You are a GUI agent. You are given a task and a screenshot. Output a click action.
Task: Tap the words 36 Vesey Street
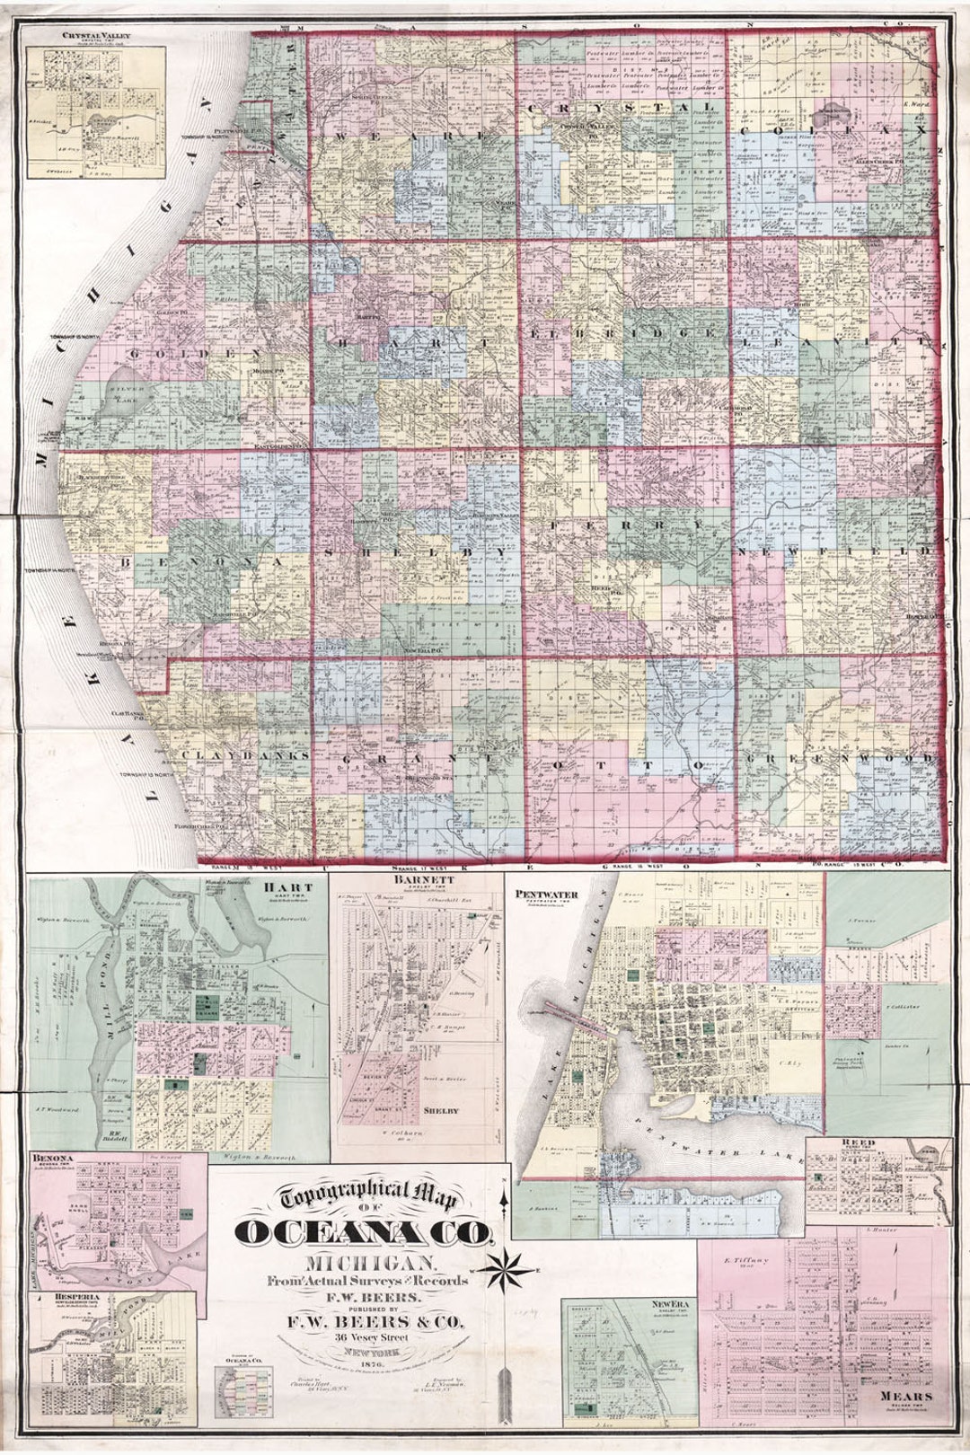(x=368, y=1337)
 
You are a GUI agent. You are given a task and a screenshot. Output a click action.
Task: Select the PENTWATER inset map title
(x=546, y=895)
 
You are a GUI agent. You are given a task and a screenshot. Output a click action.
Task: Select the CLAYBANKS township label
(x=245, y=755)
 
